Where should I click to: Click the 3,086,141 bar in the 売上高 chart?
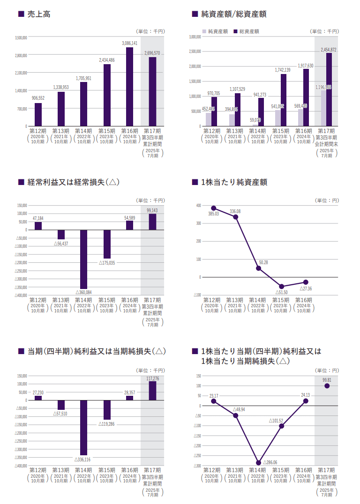129,87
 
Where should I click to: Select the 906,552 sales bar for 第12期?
38,114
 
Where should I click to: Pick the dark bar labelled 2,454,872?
329,89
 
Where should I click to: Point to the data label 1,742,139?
283,70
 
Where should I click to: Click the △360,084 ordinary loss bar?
83,259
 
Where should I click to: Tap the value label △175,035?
107,263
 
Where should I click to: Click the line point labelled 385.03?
213,208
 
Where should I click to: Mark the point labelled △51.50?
282,287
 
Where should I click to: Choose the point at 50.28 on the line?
258,268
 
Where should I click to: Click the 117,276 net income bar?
152,391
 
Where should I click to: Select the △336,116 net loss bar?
83,428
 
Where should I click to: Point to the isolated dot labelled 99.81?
327,386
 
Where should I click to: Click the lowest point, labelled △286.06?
258,463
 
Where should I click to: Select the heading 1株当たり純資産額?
233,182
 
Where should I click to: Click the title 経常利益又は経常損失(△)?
73,182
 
